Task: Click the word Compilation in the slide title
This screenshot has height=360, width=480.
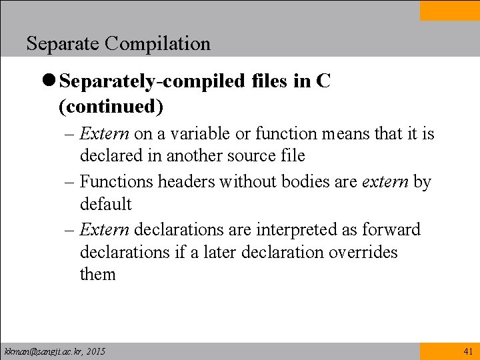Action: [x=157, y=44]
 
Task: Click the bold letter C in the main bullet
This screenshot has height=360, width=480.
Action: [x=323, y=81]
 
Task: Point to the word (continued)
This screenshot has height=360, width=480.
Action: [x=111, y=106]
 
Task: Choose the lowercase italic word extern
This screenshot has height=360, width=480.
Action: [x=385, y=181]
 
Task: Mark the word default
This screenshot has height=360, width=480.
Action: [x=106, y=204]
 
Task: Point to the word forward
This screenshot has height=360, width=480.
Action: [x=391, y=229]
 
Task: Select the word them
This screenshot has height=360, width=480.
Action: [x=98, y=275]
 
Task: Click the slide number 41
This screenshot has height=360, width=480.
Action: [x=467, y=351]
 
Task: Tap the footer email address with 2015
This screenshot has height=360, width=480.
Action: [x=55, y=351]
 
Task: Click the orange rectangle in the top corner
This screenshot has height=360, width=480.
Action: [x=449, y=10]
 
